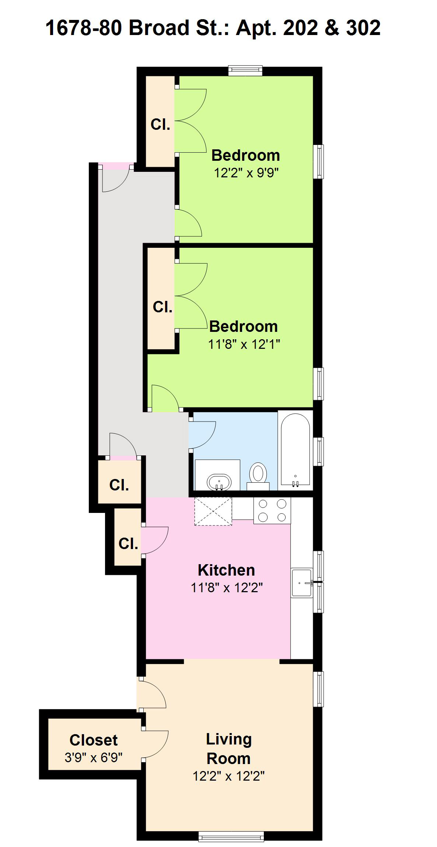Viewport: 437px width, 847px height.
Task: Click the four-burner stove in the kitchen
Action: (x=272, y=510)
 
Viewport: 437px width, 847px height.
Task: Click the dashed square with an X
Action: (x=213, y=511)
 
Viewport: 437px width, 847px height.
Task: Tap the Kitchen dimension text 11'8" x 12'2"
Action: (x=227, y=587)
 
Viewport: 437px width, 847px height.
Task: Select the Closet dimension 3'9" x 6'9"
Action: (x=94, y=758)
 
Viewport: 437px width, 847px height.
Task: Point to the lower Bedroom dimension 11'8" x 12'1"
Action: (x=244, y=344)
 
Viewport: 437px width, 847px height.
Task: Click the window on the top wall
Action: (x=245, y=70)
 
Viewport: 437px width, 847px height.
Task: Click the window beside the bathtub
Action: (x=318, y=451)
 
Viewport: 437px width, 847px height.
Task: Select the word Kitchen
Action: (x=226, y=570)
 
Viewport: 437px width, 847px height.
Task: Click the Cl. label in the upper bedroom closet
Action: (x=160, y=125)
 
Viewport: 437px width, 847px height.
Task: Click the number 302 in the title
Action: (x=363, y=28)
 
